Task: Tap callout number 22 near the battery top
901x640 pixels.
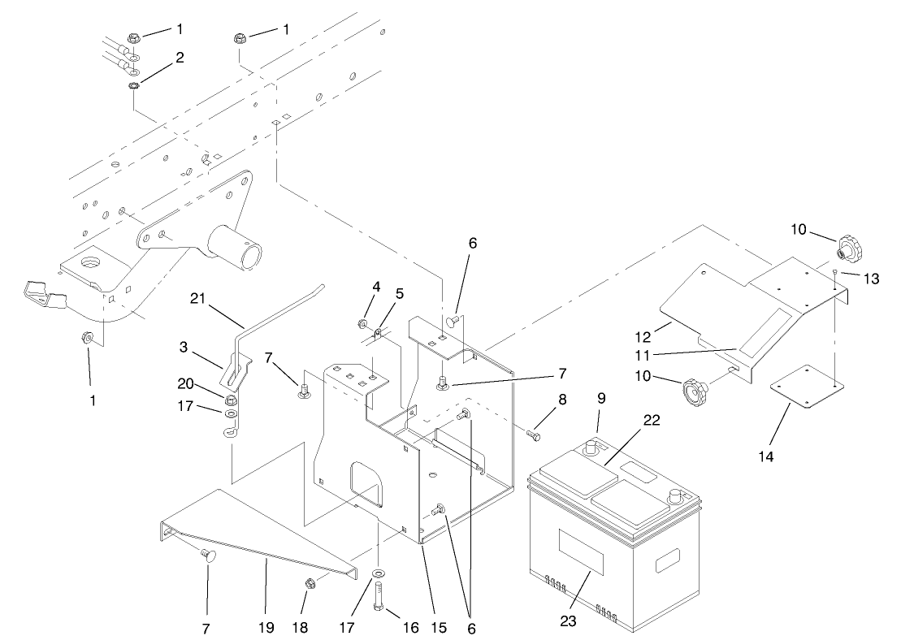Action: [x=650, y=420]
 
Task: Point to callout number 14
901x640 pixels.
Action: [x=765, y=456]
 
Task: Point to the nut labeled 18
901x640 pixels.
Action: [x=310, y=582]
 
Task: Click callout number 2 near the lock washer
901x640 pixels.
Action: [x=180, y=58]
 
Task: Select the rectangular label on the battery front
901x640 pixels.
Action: [x=581, y=551]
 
